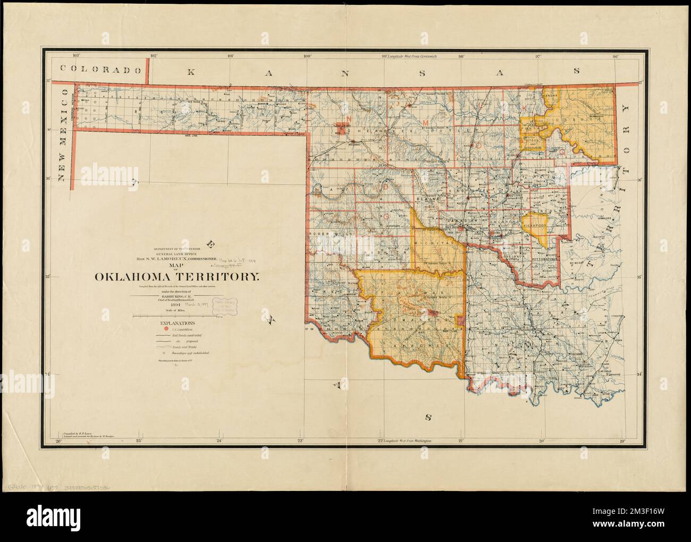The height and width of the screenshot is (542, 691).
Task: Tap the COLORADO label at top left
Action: pos(100,69)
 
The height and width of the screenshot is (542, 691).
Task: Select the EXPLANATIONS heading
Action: pos(172,322)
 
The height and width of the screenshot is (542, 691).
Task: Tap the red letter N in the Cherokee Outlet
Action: pos(349,118)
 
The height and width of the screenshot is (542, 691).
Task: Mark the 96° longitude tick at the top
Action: pos(615,56)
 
